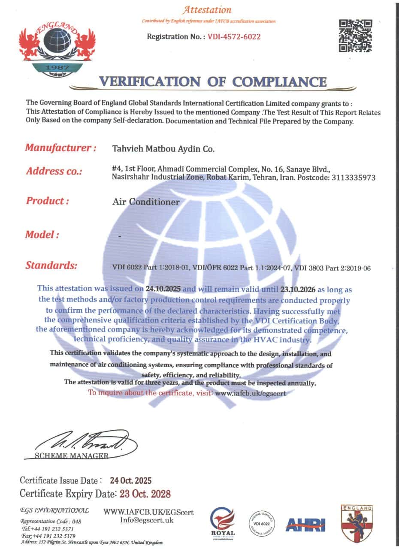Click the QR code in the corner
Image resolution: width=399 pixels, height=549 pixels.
tap(355, 36)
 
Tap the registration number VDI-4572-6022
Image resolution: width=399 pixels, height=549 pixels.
tap(234, 36)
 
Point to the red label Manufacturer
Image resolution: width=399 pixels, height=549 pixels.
tap(60, 148)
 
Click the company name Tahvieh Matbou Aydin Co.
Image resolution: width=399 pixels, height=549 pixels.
tap(163, 149)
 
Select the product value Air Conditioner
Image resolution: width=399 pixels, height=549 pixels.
tap(146, 202)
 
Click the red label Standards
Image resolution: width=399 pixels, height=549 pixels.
tap(51, 265)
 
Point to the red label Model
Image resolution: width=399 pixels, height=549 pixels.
tap(42, 235)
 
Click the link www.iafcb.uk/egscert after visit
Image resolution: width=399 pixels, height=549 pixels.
tap(250, 392)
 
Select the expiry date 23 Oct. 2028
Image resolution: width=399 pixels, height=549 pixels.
tap(145, 494)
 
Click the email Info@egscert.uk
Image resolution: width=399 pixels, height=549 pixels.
tap(147, 520)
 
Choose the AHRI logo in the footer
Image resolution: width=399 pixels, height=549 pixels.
tap(305, 525)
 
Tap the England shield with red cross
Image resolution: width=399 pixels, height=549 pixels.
tap(356, 523)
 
